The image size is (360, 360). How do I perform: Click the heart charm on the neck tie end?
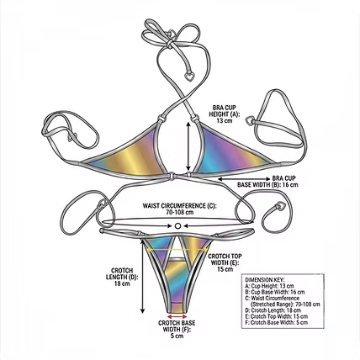pyautogui.click(x=190, y=76)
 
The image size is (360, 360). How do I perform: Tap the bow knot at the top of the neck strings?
pyautogui.click(x=170, y=43)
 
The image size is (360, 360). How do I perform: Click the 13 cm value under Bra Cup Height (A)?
pyautogui.click(x=225, y=121)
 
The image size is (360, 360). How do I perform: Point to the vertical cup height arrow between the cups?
pyautogui.click(x=188, y=146)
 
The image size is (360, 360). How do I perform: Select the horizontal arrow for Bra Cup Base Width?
pyautogui.click(x=244, y=178)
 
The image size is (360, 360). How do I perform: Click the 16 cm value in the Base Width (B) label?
pyautogui.click(x=290, y=185)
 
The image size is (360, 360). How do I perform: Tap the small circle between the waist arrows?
pyautogui.click(x=177, y=226)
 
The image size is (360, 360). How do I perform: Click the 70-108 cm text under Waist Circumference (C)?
pyautogui.click(x=180, y=212)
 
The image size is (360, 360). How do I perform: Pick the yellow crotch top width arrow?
pyautogui.click(x=177, y=249)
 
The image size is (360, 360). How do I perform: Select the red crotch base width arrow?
pyautogui.click(x=177, y=317)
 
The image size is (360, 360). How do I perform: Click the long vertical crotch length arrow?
pyautogui.click(x=142, y=276)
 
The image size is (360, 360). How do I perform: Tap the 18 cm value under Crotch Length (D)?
pyautogui.click(x=122, y=283)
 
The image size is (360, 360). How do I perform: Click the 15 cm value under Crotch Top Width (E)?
pyautogui.click(x=225, y=269)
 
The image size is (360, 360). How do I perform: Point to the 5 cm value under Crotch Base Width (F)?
pyautogui.click(x=177, y=336)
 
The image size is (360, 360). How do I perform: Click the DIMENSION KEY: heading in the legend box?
pyautogui.click(x=265, y=280)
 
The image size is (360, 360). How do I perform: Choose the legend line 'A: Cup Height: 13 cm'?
pyautogui.click(x=269, y=286)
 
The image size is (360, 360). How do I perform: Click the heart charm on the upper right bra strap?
pyautogui.click(x=249, y=120)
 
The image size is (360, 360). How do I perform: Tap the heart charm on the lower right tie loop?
pyautogui.click(x=280, y=206)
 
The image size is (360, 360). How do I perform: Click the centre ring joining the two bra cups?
pyautogui.click(x=172, y=176)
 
